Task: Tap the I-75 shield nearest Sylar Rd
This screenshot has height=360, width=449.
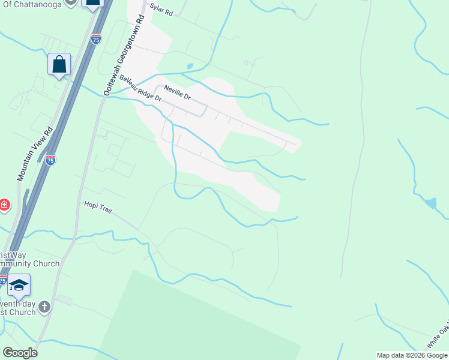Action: tap(96, 38)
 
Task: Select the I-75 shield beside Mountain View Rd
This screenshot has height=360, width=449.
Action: tap(50, 160)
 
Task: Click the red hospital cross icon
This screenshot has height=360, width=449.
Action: tap(4, 206)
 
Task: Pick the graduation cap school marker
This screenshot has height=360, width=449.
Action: tap(19, 286)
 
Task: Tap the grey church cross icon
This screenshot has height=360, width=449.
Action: tap(44, 308)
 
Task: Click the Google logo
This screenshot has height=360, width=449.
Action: tap(20, 353)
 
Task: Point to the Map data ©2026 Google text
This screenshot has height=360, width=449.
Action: tap(412, 355)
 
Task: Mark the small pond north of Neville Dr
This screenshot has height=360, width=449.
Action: tap(190, 66)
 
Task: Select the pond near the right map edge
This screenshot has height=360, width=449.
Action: tap(430, 203)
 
